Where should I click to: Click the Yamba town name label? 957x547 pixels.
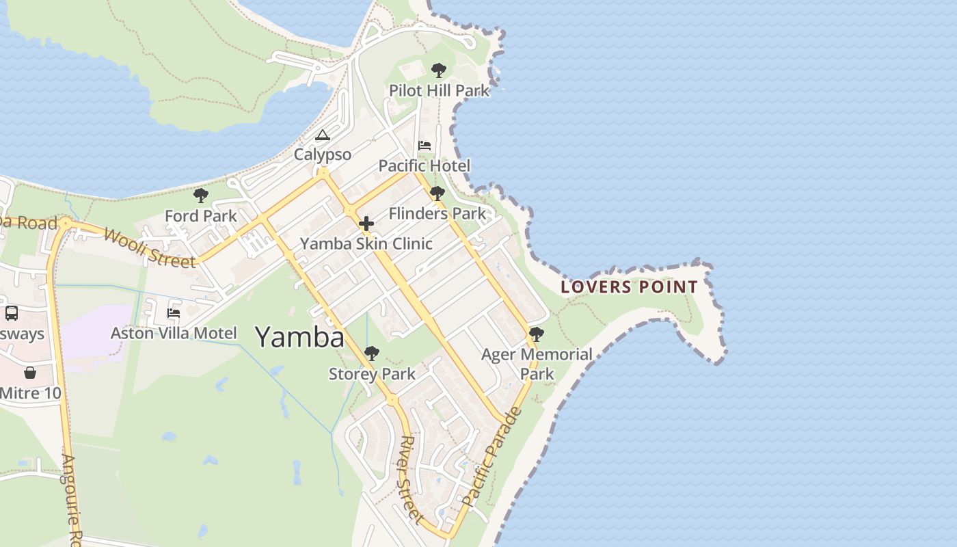(299, 337)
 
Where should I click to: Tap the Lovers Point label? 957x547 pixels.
(629, 287)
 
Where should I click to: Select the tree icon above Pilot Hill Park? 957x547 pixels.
(439, 70)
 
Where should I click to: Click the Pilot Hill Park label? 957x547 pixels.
(439, 90)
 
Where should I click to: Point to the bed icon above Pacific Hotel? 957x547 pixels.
(424, 146)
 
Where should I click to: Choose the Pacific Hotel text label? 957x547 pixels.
(424, 165)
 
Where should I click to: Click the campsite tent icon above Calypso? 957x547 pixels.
(323, 135)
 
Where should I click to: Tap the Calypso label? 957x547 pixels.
(323, 155)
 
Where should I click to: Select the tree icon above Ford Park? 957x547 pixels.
(201, 196)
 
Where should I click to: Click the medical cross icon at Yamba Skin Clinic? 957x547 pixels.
(366, 224)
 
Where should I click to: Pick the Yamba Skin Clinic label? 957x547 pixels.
(366, 243)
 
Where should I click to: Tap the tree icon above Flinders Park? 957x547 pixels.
(437, 194)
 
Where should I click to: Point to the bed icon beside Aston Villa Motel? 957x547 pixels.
(174, 313)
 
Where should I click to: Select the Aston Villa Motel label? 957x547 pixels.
(174, 333)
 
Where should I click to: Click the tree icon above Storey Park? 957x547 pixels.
(372, 353)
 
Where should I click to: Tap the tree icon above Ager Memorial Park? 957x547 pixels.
(537, 334)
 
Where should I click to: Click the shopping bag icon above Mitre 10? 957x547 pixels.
(30, 373)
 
